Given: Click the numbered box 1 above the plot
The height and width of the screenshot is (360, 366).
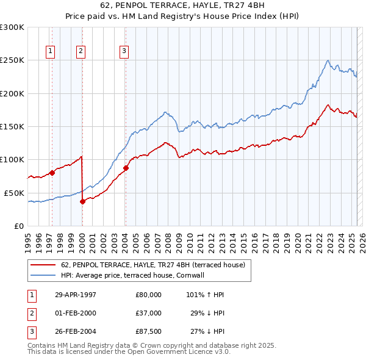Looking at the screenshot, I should pos(49,51).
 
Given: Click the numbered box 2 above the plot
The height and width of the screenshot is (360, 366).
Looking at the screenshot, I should pos(81,51).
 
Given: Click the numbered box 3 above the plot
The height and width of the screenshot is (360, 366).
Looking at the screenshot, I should pos(124,51).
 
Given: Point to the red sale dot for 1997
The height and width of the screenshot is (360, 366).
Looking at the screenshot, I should pos(52,173).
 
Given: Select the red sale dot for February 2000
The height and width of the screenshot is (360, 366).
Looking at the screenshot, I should pos(82,201).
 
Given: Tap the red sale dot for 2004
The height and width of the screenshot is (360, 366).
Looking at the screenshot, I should pos(126,168).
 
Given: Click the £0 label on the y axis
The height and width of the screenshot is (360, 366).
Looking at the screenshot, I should pos(18,226).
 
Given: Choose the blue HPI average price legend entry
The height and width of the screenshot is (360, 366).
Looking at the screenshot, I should pos(132,276).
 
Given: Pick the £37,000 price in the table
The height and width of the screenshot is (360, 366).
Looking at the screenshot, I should pos(149,313).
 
